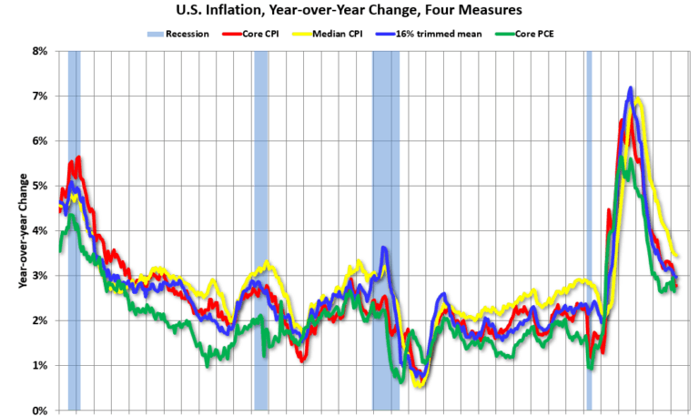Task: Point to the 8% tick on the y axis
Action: click(x=40, y=51)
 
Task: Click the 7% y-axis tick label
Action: click(x=40, y=96)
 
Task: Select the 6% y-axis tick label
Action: click(x=40, y=141)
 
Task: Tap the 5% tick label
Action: click(x=40, y=186)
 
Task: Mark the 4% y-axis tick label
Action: click(x=40, y=230)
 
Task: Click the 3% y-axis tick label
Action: click(x=40, y=276)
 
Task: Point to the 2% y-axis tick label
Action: click(x=40, y=320)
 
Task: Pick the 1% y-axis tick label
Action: click(x=40, y=365)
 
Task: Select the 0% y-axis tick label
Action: click(x=40, y=411)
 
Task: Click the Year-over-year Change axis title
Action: click(x=20, y=229)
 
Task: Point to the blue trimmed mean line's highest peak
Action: click(x=630, y=89)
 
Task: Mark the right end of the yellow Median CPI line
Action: click(x=675, y=256)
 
